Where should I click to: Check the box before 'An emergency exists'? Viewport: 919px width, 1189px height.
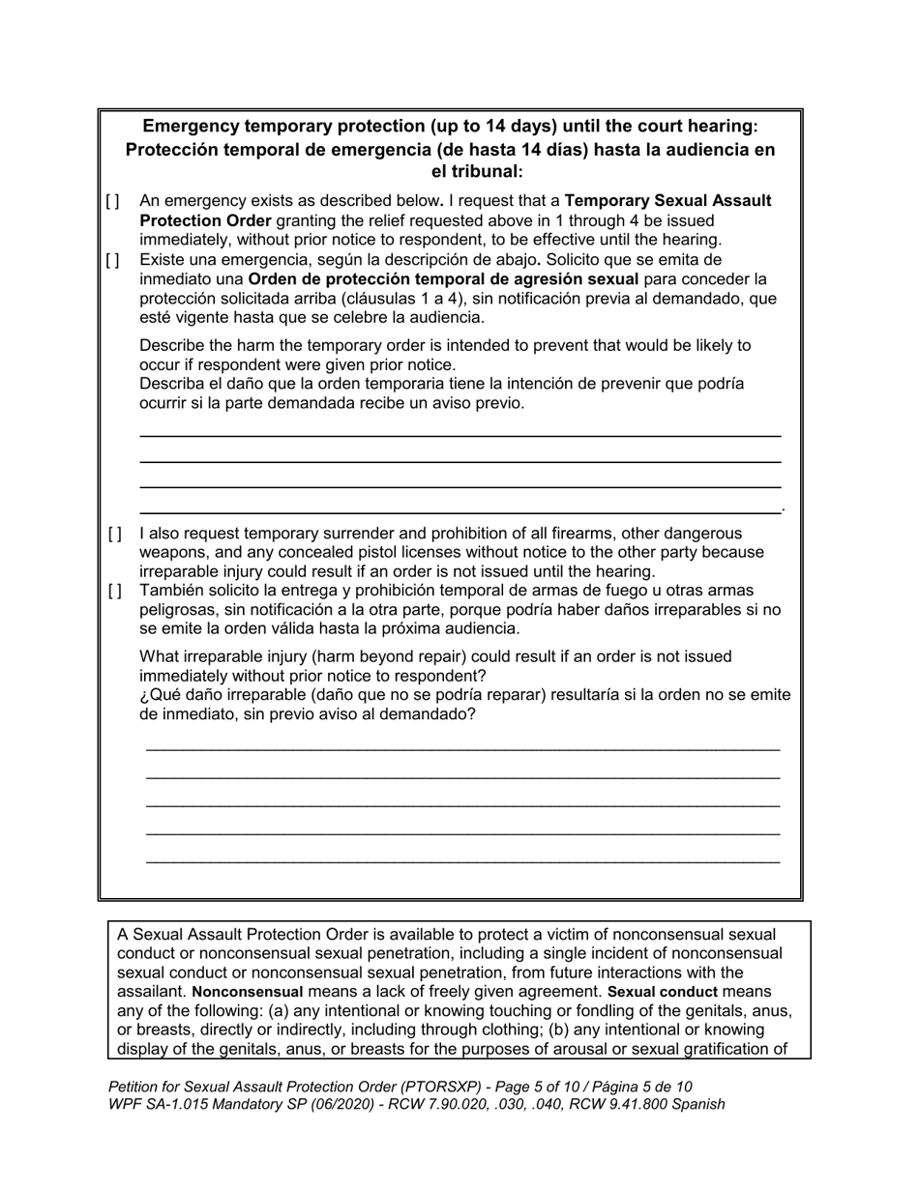coord(113,202)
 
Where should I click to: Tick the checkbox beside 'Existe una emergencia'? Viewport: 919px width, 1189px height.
coord(113,260)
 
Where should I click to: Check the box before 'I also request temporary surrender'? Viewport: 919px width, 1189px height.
coord(115,534)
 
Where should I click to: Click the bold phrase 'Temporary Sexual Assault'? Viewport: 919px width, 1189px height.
coord(667,201)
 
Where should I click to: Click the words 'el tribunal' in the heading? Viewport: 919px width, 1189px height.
coord(473,172)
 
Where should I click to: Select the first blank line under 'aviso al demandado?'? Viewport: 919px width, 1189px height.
coord(462,748)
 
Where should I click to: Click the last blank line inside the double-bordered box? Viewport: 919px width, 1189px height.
coord(462,860)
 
